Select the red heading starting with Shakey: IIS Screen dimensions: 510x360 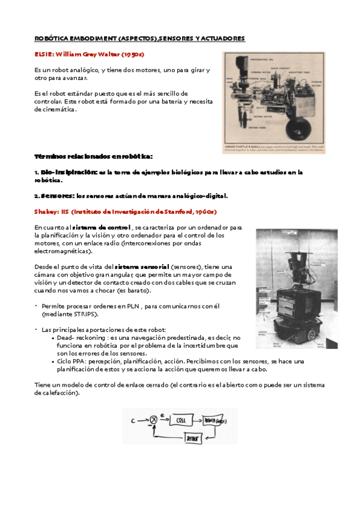pos(125,212)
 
